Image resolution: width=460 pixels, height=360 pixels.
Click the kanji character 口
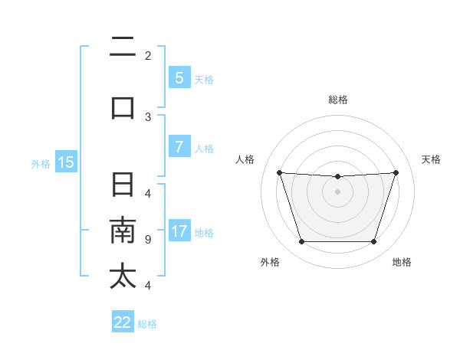tap(123, 106)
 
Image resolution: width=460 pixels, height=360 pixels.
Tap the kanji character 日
tap(123, 186)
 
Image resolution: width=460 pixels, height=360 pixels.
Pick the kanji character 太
tap(123, 276)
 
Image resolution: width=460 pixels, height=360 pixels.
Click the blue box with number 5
tap(179, 77)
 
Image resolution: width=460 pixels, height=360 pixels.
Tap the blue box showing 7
tap(179, 147)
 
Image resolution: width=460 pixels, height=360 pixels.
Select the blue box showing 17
tap(179, 231)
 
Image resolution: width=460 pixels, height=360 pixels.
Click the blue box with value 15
tap(66, 162)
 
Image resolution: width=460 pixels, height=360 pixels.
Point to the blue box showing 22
tap(123, 322)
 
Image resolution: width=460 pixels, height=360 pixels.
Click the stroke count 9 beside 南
tap(147, 240)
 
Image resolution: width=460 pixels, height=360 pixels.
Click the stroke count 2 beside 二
tap(147, 55)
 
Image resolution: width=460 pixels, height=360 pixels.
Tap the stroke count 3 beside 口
tap(147, 116)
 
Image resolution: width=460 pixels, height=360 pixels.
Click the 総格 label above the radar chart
tap(337, 100)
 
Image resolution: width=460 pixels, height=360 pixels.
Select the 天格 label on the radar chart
tap(432, 159)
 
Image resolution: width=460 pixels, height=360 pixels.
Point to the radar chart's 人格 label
tap(245, 159)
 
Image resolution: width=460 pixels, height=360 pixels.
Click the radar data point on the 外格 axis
tap(301, 242)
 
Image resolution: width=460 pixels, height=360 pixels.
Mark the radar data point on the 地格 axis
tap(374, 242)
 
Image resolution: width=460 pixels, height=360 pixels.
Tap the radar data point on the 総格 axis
tap(337, 177)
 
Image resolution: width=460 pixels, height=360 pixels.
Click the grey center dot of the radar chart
tap(337, 191)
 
